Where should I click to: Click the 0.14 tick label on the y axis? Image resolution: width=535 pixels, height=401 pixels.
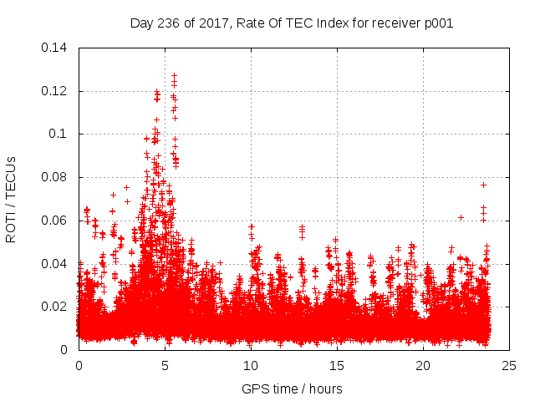(55, 48)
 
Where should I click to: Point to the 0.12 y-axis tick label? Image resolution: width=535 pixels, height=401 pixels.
(55, 91)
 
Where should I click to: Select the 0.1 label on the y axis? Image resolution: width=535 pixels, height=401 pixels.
(59, 134)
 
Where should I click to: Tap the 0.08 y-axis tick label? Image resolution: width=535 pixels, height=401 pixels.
(55, 177)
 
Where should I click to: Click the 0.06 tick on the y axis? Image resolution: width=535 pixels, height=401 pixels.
(55, 221)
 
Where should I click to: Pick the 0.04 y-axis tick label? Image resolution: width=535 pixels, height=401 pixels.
(55, 264)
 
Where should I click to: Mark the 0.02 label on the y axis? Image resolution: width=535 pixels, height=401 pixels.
(55, 307)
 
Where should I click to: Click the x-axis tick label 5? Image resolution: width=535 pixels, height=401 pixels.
(165, 365)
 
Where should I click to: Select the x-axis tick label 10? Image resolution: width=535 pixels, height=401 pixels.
(251, 365)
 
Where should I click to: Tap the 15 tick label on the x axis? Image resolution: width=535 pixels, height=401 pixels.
(337, 365)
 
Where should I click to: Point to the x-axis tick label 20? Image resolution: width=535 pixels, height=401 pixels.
(423, 365)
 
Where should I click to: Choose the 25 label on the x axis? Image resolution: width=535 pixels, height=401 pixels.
(509, 365)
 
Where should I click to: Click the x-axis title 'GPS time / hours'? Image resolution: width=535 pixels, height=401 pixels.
(293, 388)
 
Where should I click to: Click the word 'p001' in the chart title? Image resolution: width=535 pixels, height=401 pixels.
(438, 23)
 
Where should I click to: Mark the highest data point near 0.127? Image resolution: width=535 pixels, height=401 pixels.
(174, 75)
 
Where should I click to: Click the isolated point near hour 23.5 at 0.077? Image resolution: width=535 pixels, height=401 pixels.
(483, 185)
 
